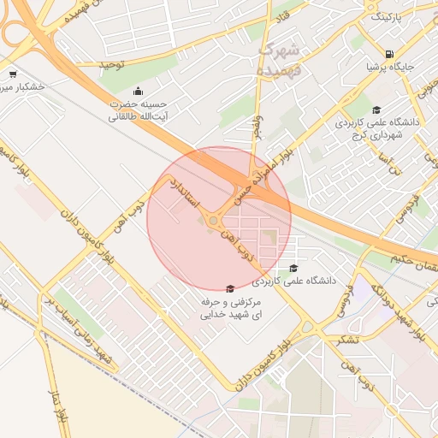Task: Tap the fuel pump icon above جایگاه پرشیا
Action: coord(390,53)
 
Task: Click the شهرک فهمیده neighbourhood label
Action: coord(280,54)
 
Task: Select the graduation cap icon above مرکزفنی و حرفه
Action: coord(228,290)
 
